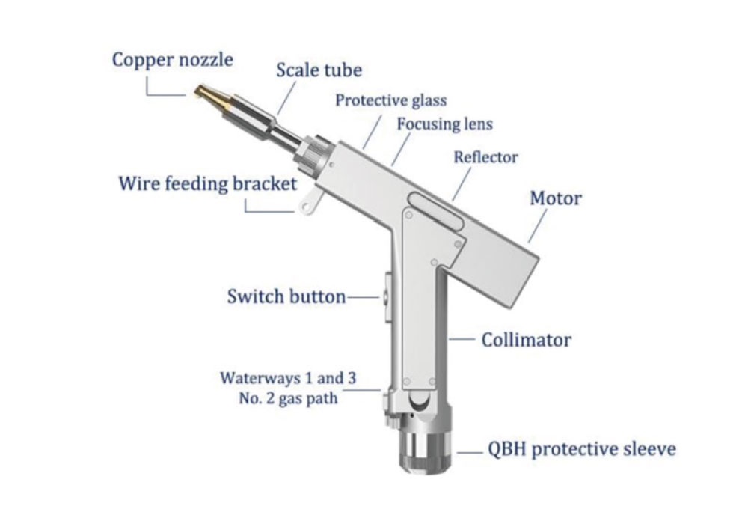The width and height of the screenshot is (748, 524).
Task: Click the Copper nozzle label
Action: [173, 60]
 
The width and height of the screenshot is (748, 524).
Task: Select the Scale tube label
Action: [319, 70]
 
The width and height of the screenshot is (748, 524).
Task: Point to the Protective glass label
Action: [390, 100]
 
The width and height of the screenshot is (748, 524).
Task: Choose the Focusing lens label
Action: [444, 124]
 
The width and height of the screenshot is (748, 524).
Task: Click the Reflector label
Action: [485, 157]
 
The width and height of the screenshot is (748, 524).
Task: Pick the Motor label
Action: [555, 198]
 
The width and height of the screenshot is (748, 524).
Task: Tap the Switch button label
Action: [286, 296]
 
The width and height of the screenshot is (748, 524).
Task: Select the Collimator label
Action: [526, 341]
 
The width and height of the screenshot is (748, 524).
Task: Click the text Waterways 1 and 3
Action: [289, 378]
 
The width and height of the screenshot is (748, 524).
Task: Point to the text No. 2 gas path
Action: [289, 399]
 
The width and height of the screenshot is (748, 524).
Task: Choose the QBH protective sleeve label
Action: [581, 450]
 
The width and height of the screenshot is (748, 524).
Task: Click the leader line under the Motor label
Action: [537, 226]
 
